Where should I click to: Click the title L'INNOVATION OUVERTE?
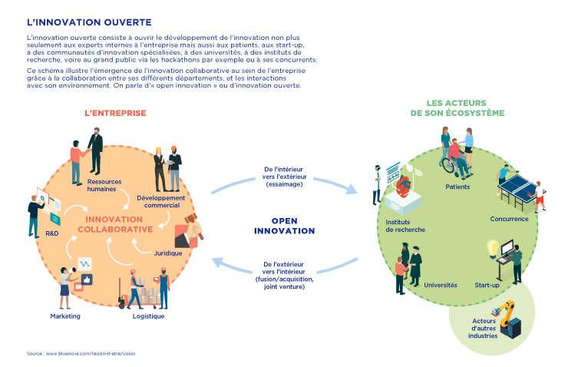click(78, 21)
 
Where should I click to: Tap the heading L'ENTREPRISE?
click(115, 113)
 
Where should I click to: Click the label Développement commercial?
click(161, 201)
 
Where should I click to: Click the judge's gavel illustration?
click(189, 230)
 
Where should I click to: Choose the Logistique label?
click(148, 316)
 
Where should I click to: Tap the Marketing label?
click(65, 316)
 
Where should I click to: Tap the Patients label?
click(458, 187)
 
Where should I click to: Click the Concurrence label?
click(509, 219)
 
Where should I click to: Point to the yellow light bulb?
click(492, 248)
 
